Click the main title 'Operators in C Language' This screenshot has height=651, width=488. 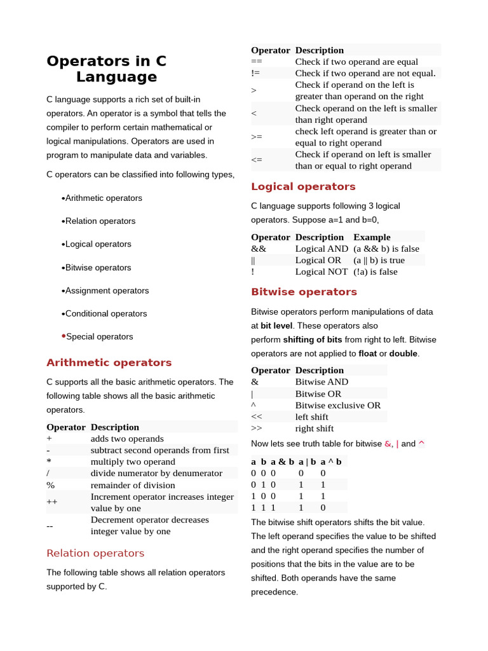pyautogui.click(x=107, y=69)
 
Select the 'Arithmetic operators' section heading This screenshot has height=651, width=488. pyautogui.click(x=109, y=362)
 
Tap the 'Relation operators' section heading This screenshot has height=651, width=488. pyautogui.click(x=95, y=552)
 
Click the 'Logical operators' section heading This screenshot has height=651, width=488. pyautogui.click(x=303, y=186)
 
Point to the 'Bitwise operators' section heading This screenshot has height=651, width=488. pyautogui.click(x=304, y=292)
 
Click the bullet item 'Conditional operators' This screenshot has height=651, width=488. pyautogui.click(x=105, y=313)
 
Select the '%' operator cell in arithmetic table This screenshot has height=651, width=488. pyautogui.click(x=50, y=485)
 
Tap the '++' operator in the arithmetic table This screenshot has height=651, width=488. pyautogui.click(x=52, y=502)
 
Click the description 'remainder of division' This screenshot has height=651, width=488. pyautogui.click(x=133, y=485)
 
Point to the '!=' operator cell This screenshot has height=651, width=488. pyautogui.click(x=256, y=73)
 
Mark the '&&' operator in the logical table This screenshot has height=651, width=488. pyautogui.click(x=259, y=249)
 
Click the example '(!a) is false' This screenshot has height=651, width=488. pyautogui.click(x=375, y=271)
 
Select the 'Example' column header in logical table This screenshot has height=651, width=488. pyautogui.click(x=372, y=237)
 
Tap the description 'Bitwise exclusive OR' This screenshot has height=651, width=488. pyautogui.click(x=338, y=405)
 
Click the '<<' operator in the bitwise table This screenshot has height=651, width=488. pyautogui.click(x=257, y=416)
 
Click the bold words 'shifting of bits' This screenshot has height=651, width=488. pyautogui.click(x=312, y=339)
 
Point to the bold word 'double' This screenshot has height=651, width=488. pyautogui.click(x=403, y=353)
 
